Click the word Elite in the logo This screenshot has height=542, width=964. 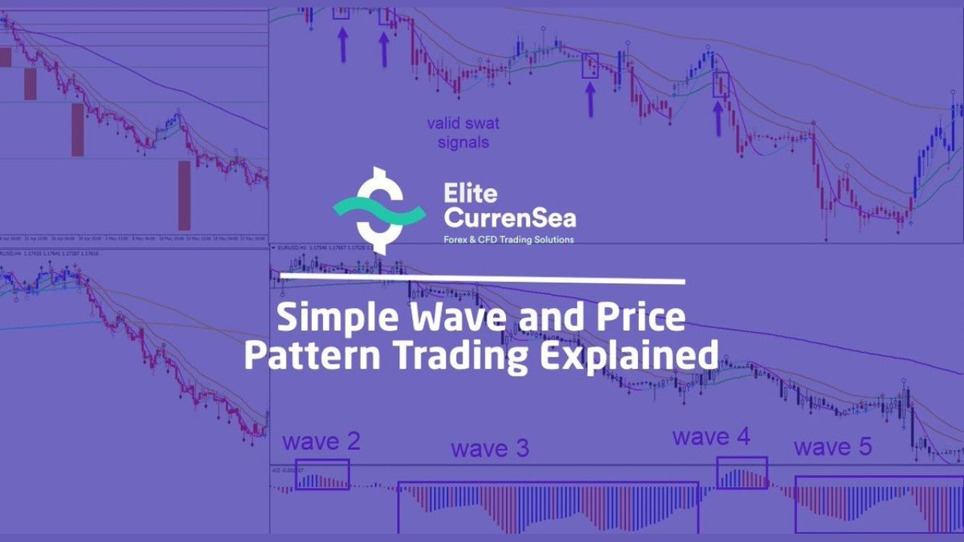point(471,193)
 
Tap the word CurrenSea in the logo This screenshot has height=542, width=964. point(510,218)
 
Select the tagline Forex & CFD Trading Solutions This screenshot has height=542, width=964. point(508,239)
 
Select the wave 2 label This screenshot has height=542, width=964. point(322,442)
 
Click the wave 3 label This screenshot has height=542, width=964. point(490,449)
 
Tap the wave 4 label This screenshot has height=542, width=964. point(711,437)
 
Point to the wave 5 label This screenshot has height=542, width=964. point(832,447)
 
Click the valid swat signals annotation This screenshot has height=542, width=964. point(462,132)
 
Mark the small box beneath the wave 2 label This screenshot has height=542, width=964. point(322,474)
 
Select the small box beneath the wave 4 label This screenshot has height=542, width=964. point(742,473)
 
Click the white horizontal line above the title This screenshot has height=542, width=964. point(482,279)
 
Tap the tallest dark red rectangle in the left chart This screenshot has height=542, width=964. point(185,196)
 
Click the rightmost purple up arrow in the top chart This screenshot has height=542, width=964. point(718,117)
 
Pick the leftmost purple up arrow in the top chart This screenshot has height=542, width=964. point(343,44)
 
